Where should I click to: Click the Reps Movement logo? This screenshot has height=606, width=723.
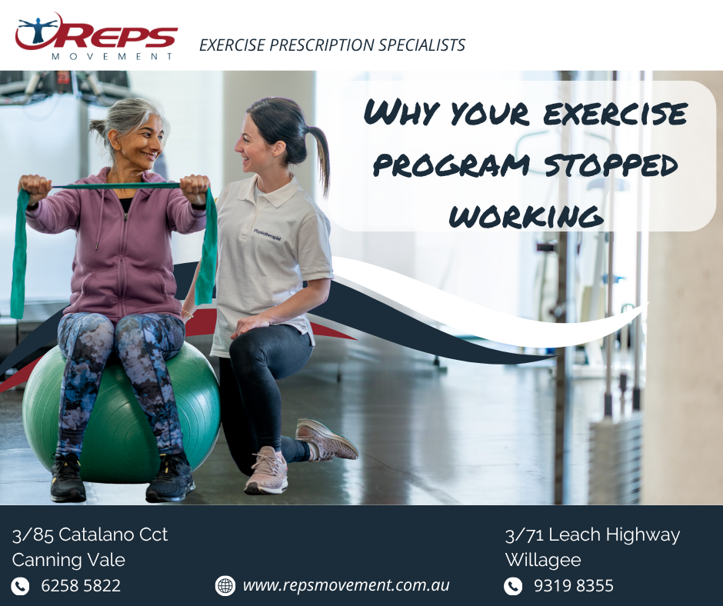96,37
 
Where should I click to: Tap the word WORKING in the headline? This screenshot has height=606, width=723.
526,216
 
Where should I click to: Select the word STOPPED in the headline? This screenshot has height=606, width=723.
611,165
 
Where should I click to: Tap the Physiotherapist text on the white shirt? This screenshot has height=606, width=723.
267,235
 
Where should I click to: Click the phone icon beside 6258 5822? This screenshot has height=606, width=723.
20,586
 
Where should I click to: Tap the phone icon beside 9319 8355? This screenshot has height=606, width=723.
513,586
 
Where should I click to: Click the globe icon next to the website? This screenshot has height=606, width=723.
225,586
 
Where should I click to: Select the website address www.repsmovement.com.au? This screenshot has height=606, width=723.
346,585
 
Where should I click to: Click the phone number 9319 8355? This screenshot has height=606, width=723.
574,586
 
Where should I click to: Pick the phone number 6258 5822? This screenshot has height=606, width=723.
81,586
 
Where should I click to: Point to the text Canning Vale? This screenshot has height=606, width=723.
68,560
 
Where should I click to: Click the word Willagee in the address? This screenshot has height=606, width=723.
543,560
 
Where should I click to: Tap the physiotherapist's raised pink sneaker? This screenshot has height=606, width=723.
326,440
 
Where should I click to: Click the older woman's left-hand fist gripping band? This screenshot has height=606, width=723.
195,188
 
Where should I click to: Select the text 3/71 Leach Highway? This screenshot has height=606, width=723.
592,535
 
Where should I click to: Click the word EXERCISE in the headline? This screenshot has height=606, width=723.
615,114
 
